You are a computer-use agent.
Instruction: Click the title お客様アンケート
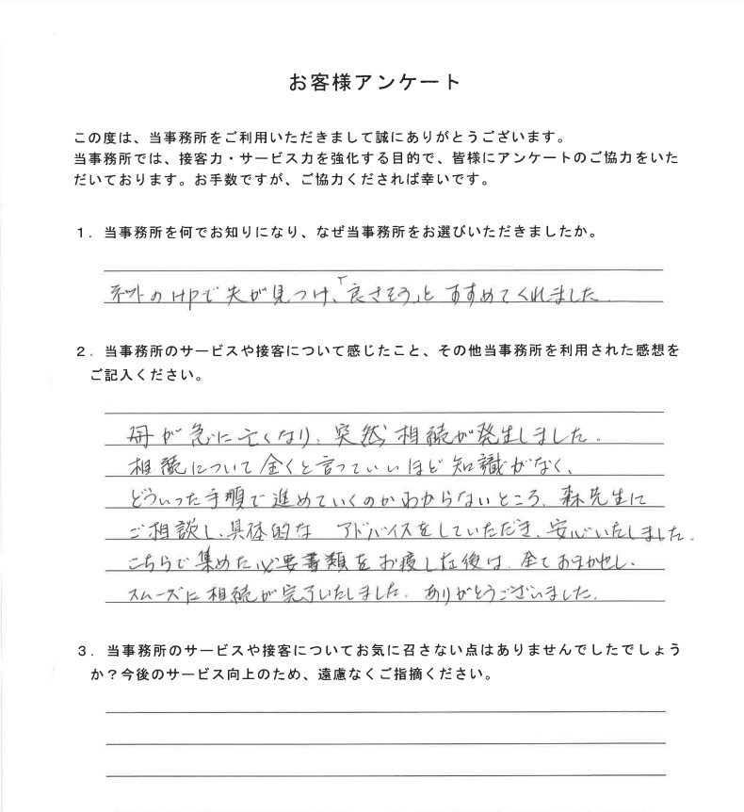(374, 82)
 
